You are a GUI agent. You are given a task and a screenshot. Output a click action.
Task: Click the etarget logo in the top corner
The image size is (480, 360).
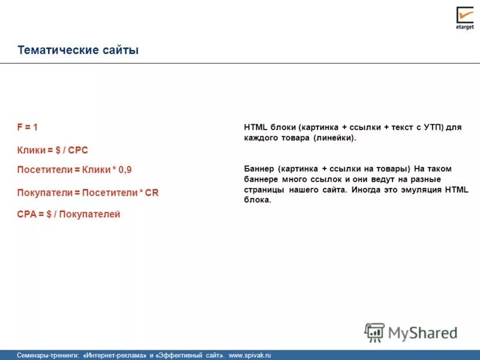pyautogui.click(x=464, y=17)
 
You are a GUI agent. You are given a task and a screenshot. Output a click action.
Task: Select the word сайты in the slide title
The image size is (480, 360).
pyautogui.click(x=119, y=50)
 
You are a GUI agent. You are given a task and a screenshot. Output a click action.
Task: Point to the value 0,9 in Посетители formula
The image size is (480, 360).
pyautogui.click(x=125, y=170)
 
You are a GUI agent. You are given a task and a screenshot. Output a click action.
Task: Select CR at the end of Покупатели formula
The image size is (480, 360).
pyautogui.click(x=152, y=193)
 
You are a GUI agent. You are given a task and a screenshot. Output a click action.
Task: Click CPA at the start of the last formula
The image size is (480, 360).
pyautogui.click(x=28, y=214)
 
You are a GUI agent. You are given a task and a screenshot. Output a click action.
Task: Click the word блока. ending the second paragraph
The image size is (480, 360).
pyautogui.click(x=258, y=200)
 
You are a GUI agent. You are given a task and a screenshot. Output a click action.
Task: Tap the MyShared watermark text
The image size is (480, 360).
pyautogui.click(x=422, y=332)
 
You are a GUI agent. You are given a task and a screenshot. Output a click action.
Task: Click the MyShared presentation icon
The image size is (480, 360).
pyautogui.click(x=374, y=332)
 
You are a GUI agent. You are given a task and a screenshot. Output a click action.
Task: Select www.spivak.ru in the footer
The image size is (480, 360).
pyautogui.click(x=250, y=355)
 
